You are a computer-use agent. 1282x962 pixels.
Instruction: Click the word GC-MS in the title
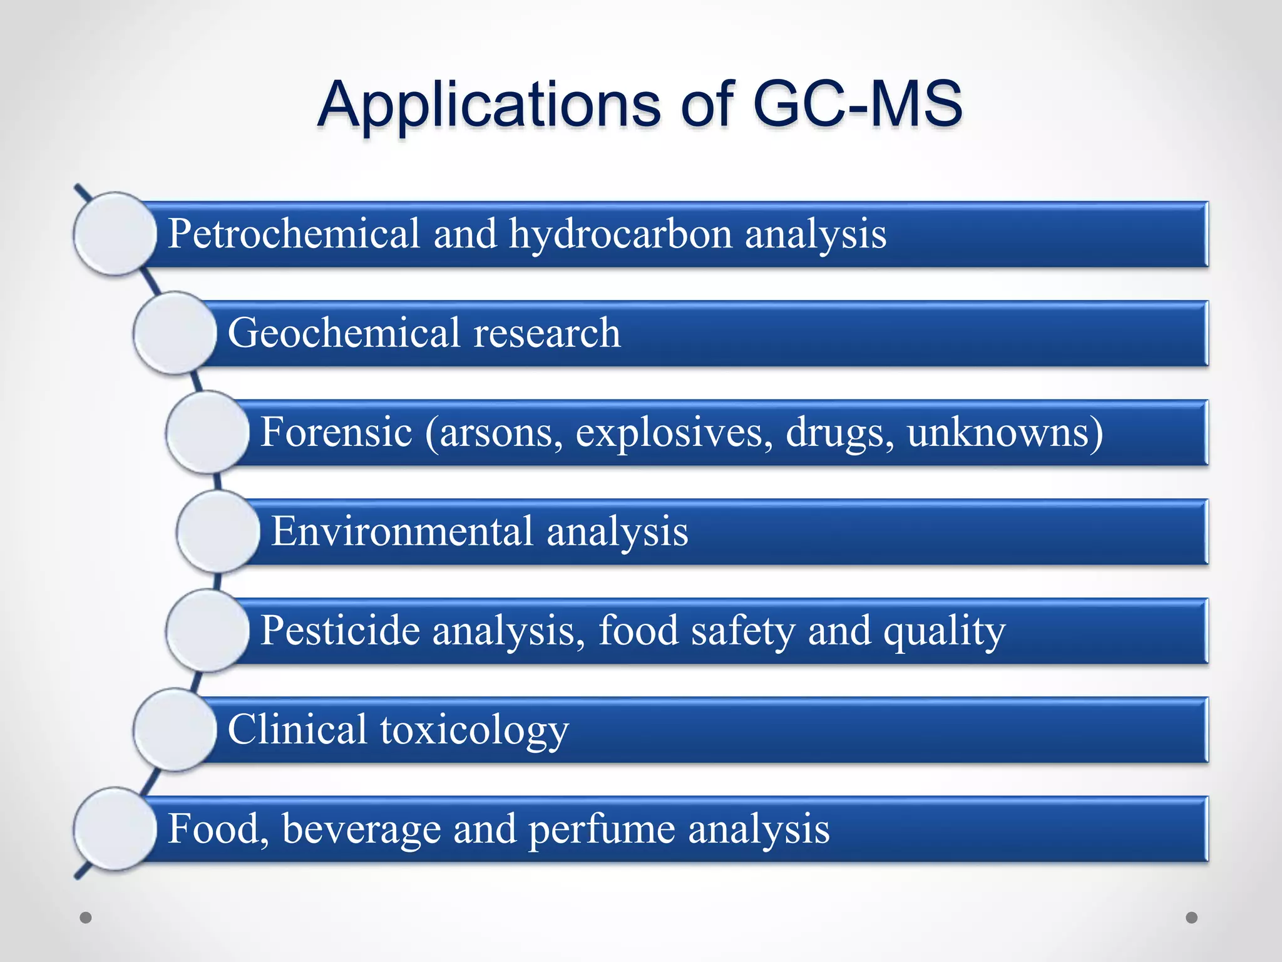pos(857,104)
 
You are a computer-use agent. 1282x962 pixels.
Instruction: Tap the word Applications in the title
pos(489,104)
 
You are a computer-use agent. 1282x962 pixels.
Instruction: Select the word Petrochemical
pos(294,234)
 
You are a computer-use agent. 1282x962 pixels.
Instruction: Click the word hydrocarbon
pos(620,234)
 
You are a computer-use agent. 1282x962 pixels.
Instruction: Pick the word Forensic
pos(336,432)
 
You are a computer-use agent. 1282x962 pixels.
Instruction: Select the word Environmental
pos(402,532)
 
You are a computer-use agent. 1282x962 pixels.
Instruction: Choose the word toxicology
pos(474,730)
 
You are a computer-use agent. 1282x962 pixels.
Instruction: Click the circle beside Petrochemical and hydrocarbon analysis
pos(115,234)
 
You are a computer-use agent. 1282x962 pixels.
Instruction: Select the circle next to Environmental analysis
pos(218,532)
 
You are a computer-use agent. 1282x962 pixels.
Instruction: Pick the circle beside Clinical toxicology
pos(175,730)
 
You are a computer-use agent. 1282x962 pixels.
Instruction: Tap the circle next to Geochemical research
pos(175,333)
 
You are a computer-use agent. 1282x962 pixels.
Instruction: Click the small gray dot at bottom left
pos(86,918)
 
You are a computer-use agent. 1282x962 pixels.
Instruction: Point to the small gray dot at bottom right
pos(1192,918)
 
